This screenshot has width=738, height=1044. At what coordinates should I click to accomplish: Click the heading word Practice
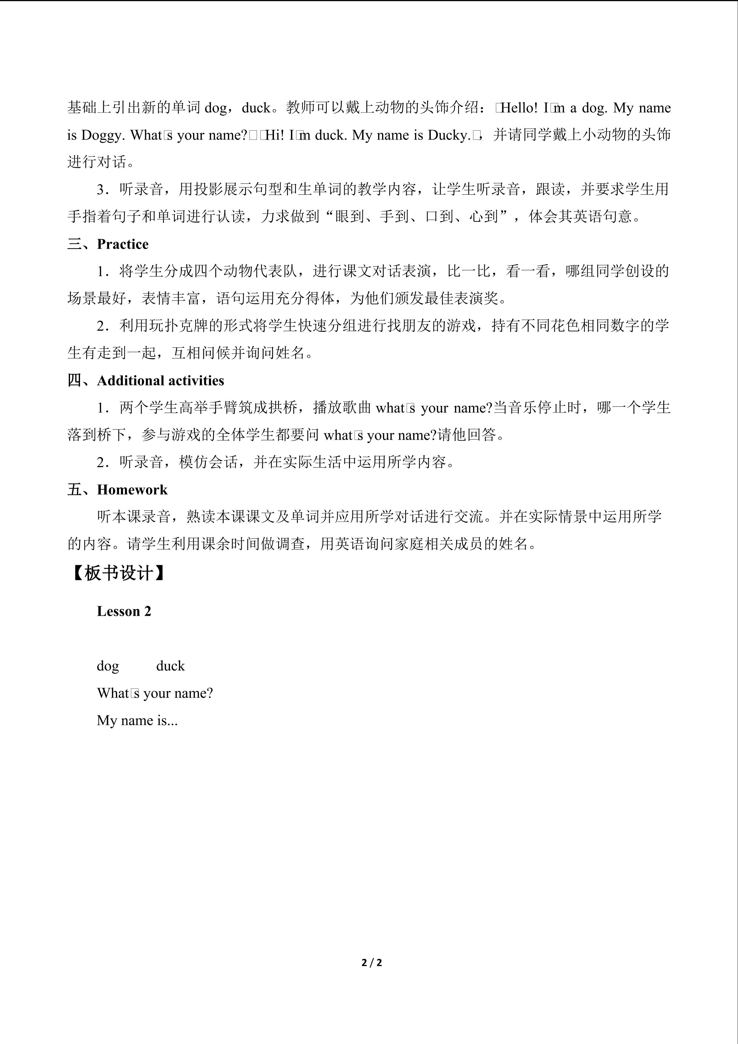(123, 244)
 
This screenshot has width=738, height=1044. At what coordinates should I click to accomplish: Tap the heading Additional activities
(161, 380)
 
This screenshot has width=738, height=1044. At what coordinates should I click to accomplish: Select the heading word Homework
(132, 490)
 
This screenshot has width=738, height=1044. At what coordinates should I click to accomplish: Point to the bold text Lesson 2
(124, 611)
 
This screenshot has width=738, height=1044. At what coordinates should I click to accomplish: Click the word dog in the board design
(108, 666)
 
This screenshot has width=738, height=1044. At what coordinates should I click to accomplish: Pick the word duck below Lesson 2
(170, 666)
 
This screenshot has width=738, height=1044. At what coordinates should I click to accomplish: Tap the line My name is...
(137, 720)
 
